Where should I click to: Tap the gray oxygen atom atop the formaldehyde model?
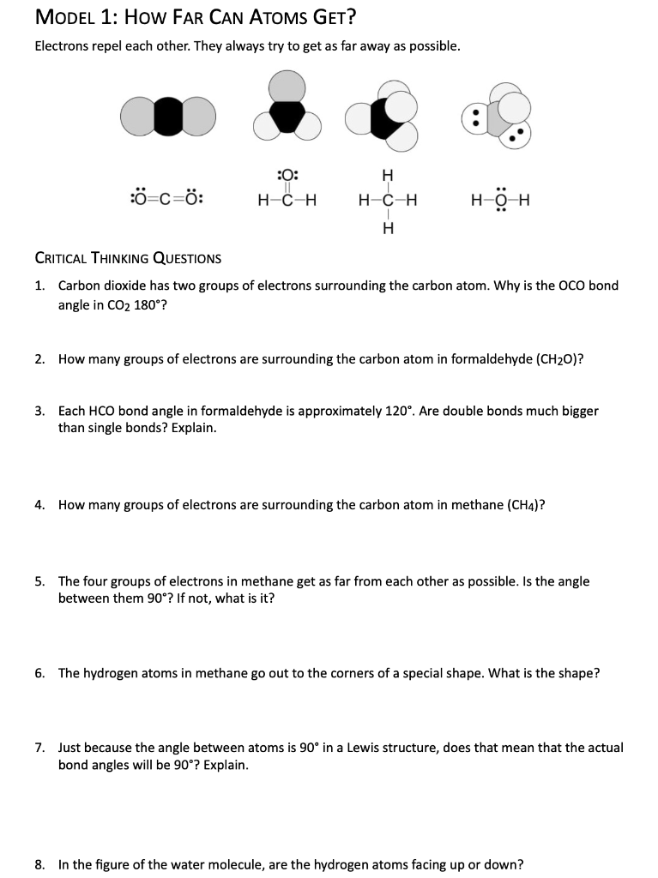tap(287, 87)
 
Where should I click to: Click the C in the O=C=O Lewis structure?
tap(166, 201)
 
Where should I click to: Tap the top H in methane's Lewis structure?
tap(388, 177)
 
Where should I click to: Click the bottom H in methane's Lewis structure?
tap(388, 228)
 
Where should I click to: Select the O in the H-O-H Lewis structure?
tap(501, 202)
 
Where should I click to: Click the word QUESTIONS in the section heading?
tap(184, 258)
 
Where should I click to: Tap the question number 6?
tap(39, 673)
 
